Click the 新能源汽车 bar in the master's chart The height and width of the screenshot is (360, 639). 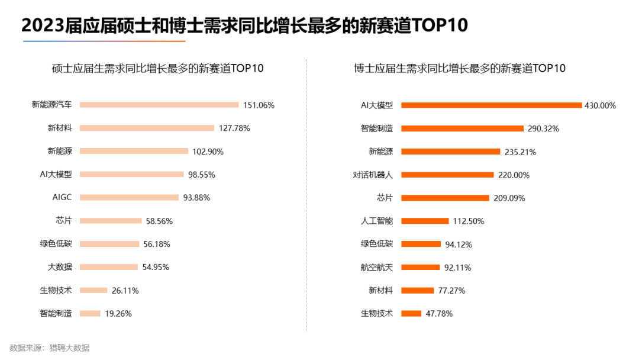(x=159, y=105)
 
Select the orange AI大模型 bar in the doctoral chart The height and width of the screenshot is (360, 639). (x=491, y=105)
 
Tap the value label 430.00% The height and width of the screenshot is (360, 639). (x=600, y=106)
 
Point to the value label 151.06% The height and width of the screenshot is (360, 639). (x=259, y=105)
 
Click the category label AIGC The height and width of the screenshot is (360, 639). (x=62, y=197)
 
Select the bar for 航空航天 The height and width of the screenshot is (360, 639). (x=420, y=267)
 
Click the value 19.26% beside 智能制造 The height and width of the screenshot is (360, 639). (x=118, y=313)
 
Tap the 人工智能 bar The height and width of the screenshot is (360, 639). (x=425, y=221)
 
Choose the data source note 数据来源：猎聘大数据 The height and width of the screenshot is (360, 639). (x=50, y=348)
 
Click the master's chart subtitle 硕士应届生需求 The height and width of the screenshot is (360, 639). (x=157, y=68)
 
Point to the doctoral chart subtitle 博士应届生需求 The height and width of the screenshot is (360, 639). (x=459, y=68)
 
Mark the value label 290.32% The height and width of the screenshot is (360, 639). (x=543, y=128)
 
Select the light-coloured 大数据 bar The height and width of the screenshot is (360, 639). (x=108, y=267)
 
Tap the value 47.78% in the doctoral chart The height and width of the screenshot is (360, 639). (x=439, y=313)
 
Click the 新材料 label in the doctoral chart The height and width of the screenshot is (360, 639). (x=380, y=290)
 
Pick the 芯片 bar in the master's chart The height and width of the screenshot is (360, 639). (x=110, y=221)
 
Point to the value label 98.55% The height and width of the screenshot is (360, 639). (x=202, y=175)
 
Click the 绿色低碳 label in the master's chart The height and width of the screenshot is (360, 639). (x=56, y=243)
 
